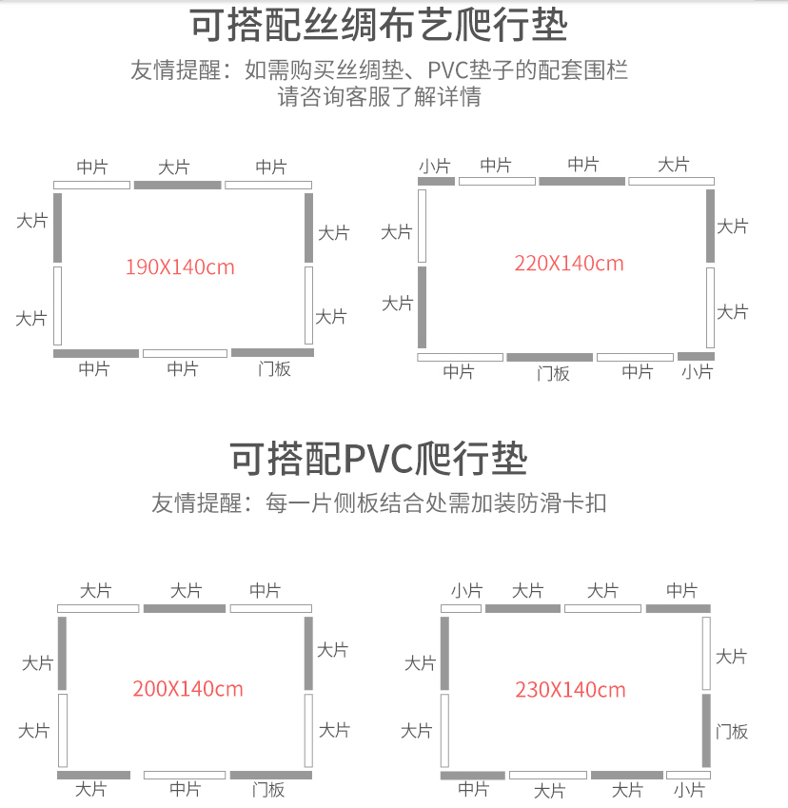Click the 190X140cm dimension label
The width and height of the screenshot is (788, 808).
(180, 266)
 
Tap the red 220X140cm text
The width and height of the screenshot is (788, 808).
(569, 264)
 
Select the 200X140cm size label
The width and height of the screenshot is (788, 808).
(187, 689)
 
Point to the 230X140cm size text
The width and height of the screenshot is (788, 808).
(570, 690)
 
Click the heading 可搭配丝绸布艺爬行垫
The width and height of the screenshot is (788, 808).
(379, 25)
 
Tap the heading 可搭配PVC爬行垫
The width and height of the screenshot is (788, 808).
(379, 458)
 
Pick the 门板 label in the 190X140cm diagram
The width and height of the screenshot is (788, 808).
(274, 369)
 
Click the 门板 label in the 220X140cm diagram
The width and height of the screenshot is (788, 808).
(553, 373)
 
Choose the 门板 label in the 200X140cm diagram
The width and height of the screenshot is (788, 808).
(268, 790)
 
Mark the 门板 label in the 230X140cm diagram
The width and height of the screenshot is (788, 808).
(731, 732)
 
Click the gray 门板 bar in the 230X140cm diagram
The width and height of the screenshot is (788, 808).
(706, 731)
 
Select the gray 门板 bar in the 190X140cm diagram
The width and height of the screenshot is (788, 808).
(272, 352)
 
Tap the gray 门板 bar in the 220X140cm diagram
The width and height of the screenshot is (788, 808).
(550, 357)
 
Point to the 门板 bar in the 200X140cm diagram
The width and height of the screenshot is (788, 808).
(271, 775)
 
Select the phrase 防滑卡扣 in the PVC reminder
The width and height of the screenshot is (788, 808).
(561, 503)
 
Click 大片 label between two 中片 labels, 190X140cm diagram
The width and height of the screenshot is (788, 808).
(173, 167)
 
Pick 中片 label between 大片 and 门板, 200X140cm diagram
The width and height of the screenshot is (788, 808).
(185, 789)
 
